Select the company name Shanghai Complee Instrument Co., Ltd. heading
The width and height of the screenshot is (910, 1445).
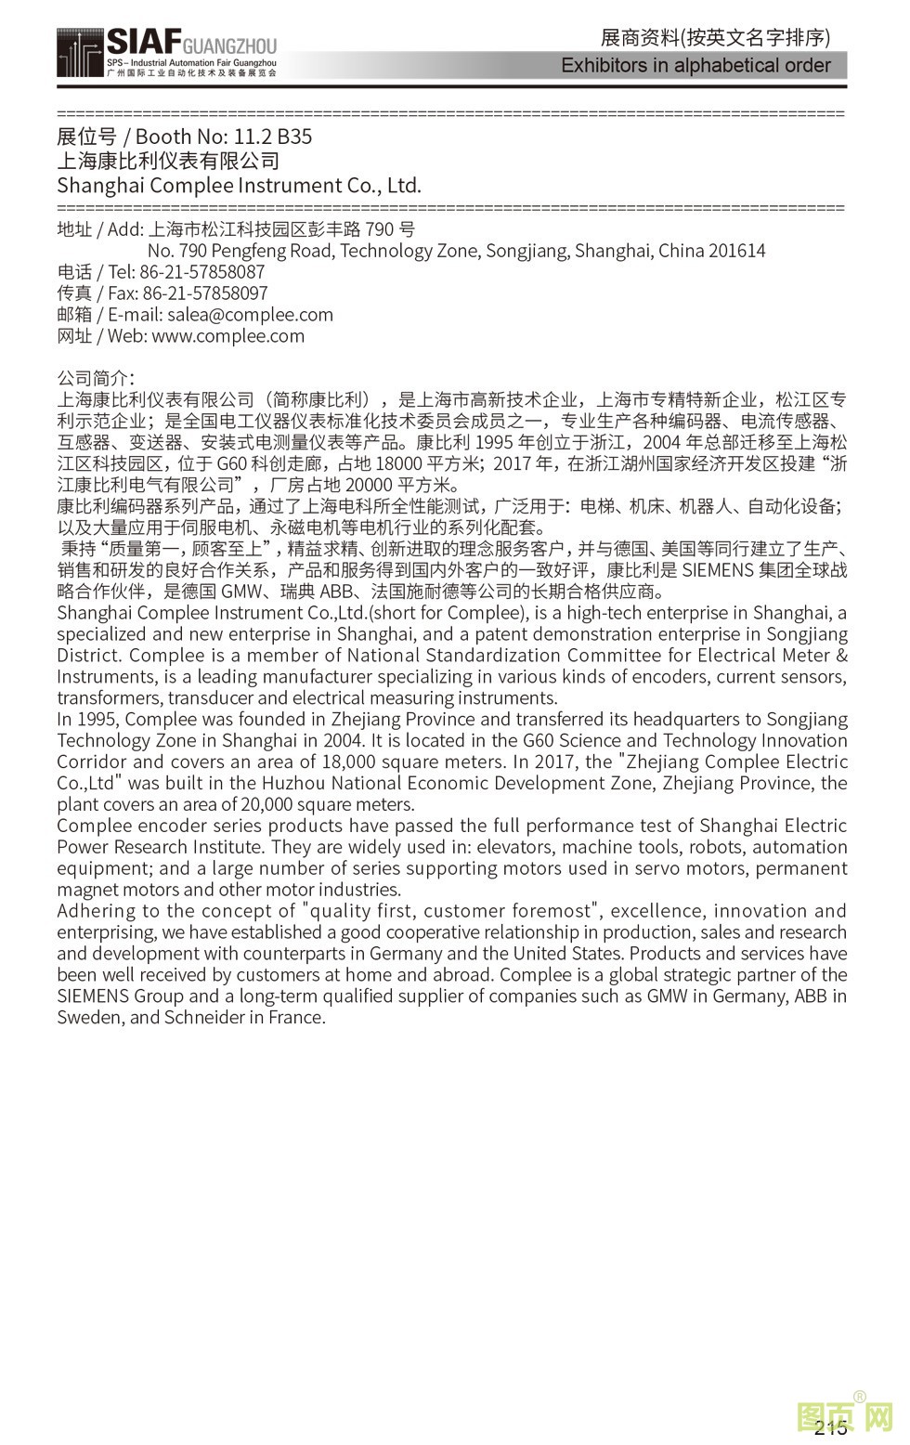pyautogui.click(x=239, y=185)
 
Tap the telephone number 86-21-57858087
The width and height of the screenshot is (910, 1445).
pyautogui.click(x=201, y=272)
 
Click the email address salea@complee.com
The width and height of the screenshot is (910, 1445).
pyautogui.click(x=250, y=315)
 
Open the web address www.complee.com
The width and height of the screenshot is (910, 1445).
pyautogui.click(x=227, y=336)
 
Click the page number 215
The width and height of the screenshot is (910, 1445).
pyautogui.click(x=830, y=1427)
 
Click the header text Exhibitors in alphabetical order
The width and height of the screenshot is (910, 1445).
pyautogui.click(x=695, y=65)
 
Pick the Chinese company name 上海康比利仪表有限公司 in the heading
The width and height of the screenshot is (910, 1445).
pyautogui.click(x=168, y=161)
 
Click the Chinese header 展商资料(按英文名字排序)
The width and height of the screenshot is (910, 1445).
pyautogui.click(x=715, y=37)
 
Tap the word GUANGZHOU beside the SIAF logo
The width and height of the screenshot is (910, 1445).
pyautogui.click(x=229, y=45)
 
